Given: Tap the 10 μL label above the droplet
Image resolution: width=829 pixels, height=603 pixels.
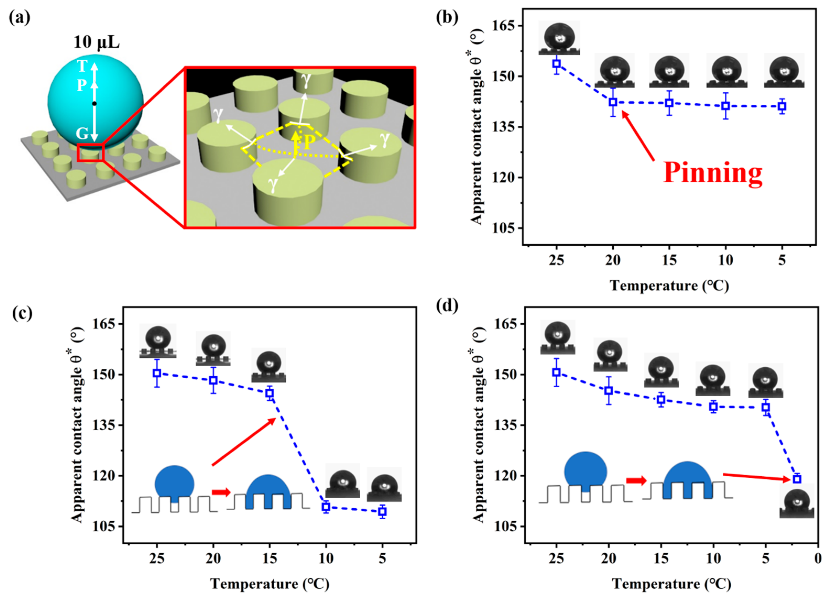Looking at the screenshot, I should click(96, 42).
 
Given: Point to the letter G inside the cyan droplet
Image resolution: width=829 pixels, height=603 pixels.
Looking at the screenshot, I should click(82, 134).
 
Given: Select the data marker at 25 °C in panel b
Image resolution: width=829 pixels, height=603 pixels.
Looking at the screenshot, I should click(556, 64).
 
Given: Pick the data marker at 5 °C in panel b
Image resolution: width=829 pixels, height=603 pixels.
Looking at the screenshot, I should click(782, 106).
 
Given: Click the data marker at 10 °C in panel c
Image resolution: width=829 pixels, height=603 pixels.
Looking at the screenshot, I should click(326, 507).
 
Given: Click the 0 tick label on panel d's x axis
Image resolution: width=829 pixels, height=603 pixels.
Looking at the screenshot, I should click(818, 558).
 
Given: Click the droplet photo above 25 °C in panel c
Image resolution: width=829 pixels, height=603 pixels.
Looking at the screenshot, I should click(158, 341).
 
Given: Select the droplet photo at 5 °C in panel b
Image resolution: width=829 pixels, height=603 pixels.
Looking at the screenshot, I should click(784, 72).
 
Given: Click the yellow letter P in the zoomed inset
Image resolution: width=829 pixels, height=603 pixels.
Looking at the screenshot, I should click(309, 142).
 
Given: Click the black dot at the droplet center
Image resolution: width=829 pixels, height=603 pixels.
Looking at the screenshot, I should click(94, 104).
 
